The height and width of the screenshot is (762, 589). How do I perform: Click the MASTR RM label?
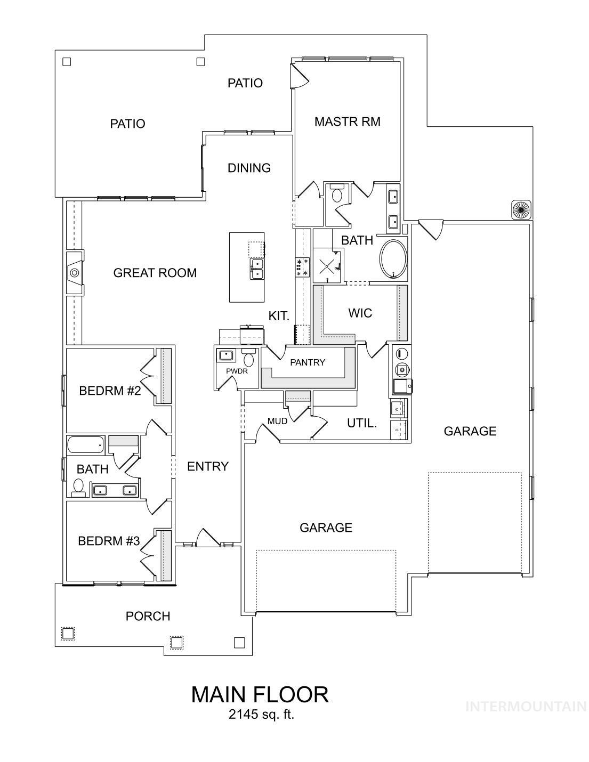pyautogui.click(x=347, y=121)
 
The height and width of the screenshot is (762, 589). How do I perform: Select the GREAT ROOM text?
pyautogui.click(x=155, y=273)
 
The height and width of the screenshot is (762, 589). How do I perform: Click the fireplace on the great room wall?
pyautogui.click(x=74, y=272)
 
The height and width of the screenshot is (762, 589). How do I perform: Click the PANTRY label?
pyautogui.click(x=307, y=362)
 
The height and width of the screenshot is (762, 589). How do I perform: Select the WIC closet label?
pyautogui.click(x=360, y=313)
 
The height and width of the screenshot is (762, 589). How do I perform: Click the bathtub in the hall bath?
pyautogui.click(x=86, y=443)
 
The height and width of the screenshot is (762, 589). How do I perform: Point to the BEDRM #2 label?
pyautogui.click(x=110, y=391)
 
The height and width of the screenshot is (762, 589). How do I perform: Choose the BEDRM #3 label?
pyautogui.click(x=109, y=541)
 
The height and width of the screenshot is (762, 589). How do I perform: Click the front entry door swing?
pyautogui.click(x=207, y=538)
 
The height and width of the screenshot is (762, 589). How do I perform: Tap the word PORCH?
pyautogui.click(x=148, y=616)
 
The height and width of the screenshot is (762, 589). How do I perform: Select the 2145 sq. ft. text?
pyautogui.click(x=261, y=715)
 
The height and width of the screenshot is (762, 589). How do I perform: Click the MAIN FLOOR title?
pyautogui.click(x=260, y=694)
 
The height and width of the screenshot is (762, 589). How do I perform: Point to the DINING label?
pyautogui.click(x=249, y=168)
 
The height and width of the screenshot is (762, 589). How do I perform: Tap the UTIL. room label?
pyautogui.click(x=362, y=423)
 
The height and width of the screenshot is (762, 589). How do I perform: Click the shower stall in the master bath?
pyautogui.click(x=326, y=265)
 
